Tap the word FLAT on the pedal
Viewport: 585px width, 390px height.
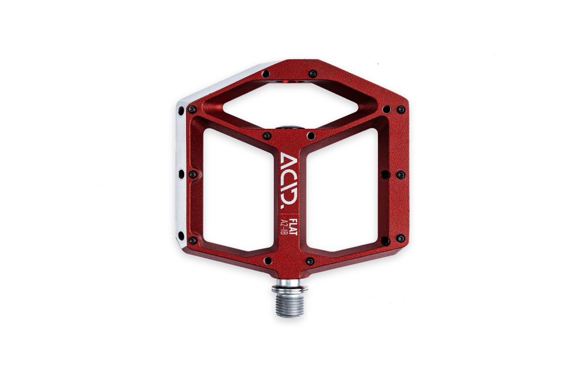[294, 227]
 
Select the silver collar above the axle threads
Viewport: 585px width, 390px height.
[290, 286]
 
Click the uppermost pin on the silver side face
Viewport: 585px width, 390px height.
[181, 111]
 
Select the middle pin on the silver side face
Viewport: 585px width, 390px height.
[181, 174]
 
